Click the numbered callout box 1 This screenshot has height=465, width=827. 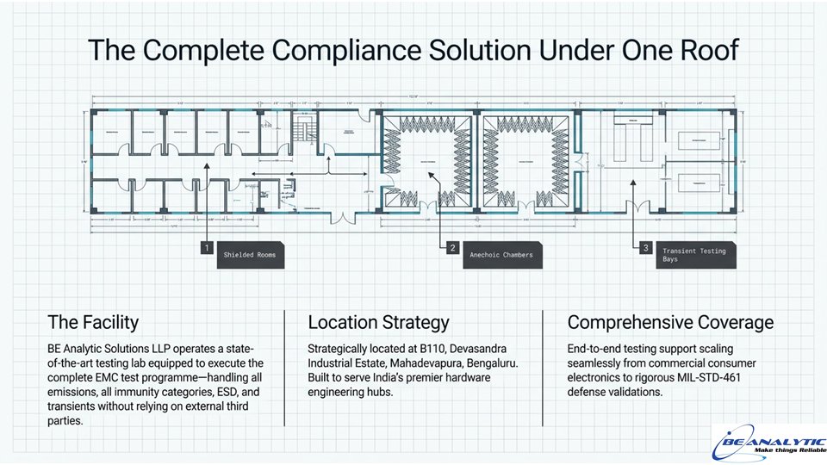point(207,247)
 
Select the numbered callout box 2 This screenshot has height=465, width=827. point(452,247)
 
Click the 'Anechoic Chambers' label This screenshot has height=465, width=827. point(501,255)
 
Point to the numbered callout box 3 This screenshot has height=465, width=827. point(646,247)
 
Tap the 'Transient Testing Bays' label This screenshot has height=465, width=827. point(694,255)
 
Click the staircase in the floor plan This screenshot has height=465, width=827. point(301,131)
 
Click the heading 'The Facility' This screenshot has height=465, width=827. point(93,323)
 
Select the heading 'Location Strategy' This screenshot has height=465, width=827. point(378,323)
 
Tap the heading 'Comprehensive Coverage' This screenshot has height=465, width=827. point(670,323)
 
